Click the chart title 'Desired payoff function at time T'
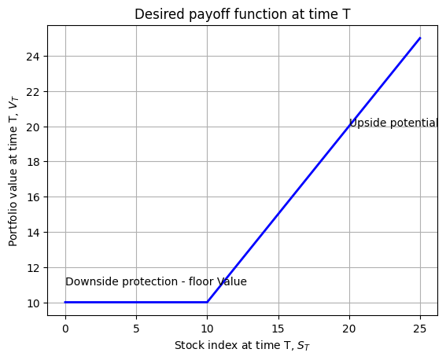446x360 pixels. coord(242,14)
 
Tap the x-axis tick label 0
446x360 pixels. coord(65,329)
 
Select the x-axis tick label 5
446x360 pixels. coord(136,329)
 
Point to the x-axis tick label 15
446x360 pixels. coord(278,329)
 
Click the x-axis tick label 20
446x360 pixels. coord(349,329)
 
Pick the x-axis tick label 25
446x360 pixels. coord(420,329)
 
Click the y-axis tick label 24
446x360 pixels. coord(32,57)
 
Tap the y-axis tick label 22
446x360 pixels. coord(32,92)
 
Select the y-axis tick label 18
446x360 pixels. coord(32,162)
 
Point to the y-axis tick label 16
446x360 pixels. coord(32,197)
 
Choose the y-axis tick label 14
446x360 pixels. coord(32,233)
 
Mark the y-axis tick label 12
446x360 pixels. coord(32,268)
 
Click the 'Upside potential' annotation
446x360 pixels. coord(393,123)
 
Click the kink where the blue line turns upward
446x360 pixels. coord(207,302)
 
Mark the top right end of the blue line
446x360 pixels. coord(420,38)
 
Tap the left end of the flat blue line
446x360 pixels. coord(65,302)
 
